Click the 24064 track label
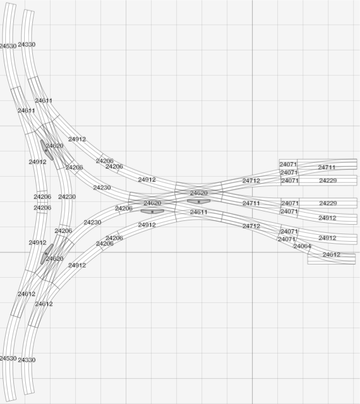pos(302,246)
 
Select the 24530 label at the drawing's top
pos(8,46)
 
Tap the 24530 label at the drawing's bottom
pos(8,359)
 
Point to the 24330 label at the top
pos(27,45)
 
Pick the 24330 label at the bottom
pos(27,360)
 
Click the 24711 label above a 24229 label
pos(327,167)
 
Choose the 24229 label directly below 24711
pos(328,181)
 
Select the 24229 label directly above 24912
pos(328,203)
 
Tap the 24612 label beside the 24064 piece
pos(332,255)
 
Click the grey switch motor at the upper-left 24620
pos(47,150)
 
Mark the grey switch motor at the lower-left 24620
pos(47,254)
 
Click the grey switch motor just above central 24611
pos(198,201)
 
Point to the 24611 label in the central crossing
pos(198,212)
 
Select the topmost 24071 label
pos(288,164)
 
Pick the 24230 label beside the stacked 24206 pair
pos(67,197)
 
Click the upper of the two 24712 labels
pos(251,181)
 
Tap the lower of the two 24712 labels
pos(251,226)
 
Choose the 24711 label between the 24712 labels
pos(251,203)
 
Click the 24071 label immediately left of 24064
pos(287,239)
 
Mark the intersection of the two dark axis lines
pos(252,252)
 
